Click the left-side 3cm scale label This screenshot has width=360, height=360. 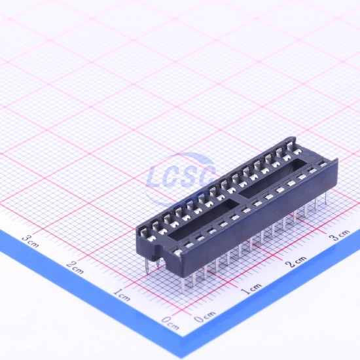point(31,242)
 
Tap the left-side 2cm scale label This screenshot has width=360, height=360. point(75,268)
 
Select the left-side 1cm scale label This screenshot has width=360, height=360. point(122,295)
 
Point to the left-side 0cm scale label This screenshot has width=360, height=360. point(171,323)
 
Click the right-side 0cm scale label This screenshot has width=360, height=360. point(205,317)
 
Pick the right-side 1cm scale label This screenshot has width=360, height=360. point(252,289)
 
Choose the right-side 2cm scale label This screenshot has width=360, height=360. point(297,262)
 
